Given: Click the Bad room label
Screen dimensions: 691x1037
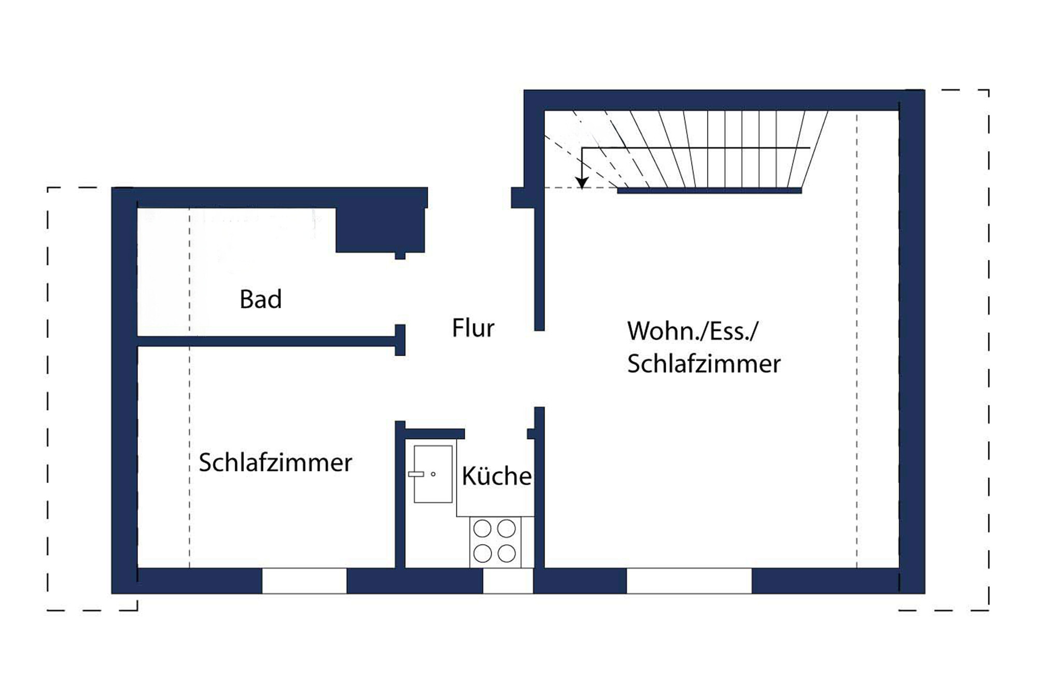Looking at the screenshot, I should point(260,300).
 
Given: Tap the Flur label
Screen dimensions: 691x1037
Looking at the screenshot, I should point(473,328).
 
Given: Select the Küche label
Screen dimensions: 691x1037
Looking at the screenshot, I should point(496,476).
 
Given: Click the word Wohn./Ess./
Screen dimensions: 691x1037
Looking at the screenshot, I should point(692,331).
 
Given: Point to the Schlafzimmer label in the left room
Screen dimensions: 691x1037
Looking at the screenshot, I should point(275,462).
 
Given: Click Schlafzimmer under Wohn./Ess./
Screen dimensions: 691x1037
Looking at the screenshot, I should point(704,364).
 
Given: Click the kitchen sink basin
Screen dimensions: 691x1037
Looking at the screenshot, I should point(433,474).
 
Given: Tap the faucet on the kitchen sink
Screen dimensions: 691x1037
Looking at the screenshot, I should point(416,474).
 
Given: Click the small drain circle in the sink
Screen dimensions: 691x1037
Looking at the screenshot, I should point(433,474).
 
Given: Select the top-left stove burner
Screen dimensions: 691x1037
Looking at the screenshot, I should point(482,529).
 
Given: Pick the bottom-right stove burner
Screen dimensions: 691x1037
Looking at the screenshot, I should point(507,554).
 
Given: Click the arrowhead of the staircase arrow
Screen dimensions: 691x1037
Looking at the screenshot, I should point(582,183).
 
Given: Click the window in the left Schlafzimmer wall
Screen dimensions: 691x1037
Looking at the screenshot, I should point(304,581).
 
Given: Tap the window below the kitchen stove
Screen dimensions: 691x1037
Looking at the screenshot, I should point(508,581).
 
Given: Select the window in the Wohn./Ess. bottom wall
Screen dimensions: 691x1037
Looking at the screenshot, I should point(689,581).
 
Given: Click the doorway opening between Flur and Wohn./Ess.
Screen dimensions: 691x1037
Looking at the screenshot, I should point(539,369).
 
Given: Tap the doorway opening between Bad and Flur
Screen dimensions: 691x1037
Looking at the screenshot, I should point(400,291).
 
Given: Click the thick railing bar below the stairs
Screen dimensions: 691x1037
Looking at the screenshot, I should point(709,191).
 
